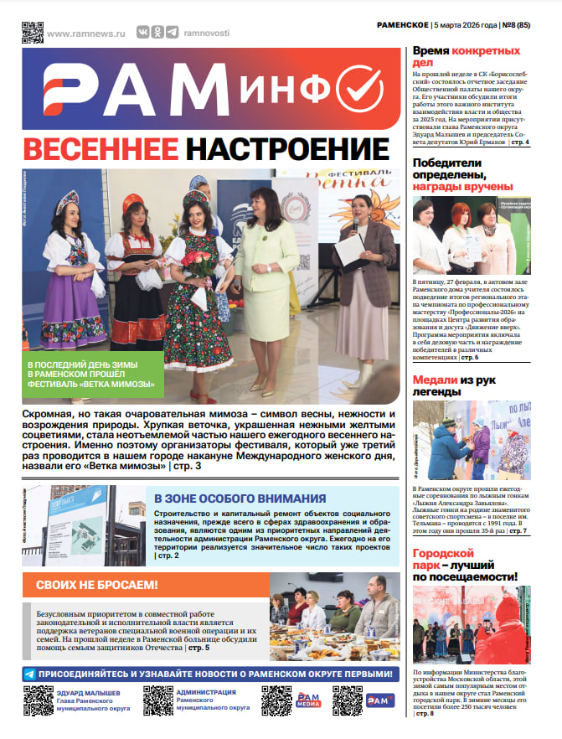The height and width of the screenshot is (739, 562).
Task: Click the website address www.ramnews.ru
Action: click(x=85, y=33)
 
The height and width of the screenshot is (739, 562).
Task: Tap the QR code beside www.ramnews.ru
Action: click(x=32, y=31)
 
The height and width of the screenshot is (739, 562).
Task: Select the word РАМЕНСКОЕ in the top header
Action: click(x=405, y=25)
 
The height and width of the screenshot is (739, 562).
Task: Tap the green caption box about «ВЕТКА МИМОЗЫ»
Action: click(x=92, y=375)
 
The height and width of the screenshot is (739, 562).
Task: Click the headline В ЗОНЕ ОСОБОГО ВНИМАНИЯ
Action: click(x=240, y=498)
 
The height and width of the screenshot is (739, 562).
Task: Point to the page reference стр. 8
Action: click(x=426, y=713)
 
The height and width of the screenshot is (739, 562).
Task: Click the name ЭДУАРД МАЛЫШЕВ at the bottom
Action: click(x=92, y=693)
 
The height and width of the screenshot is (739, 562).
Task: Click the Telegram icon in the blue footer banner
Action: click(x=29, y=674)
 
